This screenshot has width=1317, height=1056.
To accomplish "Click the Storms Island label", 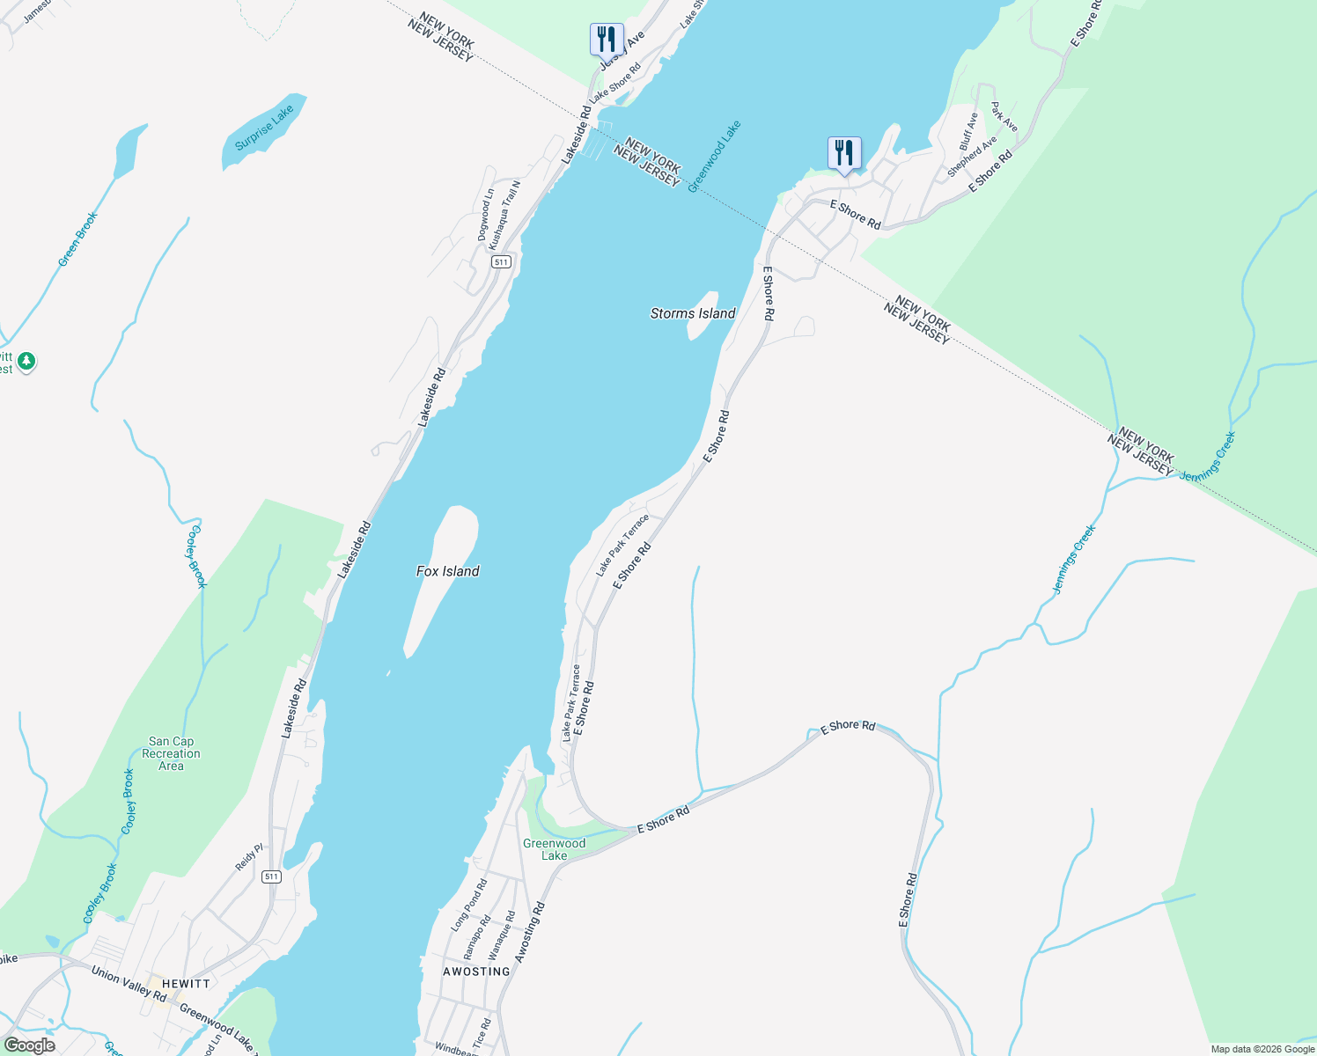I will tap(693, 313).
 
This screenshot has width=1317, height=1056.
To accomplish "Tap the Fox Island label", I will tap(447, 571).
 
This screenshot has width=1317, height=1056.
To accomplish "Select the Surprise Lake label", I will tap(264, 128).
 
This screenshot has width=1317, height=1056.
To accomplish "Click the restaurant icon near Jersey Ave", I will tap(606, 40).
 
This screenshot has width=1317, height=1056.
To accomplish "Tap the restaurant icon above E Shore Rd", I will tap(844, 153).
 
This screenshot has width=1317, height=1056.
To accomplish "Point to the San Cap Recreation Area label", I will tap(171, 753).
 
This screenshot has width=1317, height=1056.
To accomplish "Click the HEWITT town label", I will tap(186, 984).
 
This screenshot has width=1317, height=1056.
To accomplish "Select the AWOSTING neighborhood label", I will tap(476, 972).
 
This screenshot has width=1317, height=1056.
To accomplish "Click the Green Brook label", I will tap(77, 238).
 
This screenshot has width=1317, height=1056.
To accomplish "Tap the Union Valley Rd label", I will tap(129, 983).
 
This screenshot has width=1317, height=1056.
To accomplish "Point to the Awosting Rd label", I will tap(530, 931).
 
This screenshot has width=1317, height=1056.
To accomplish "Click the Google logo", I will tap(29, 1045).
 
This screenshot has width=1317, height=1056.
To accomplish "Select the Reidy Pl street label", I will tap(249, 857).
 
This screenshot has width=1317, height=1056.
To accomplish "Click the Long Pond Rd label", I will tap(469, 905).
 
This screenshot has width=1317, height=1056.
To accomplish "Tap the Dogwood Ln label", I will tap(484, 215).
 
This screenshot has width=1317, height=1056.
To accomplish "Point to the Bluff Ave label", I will tap(968, 131).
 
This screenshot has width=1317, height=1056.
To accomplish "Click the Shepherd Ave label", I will tap(972, 156).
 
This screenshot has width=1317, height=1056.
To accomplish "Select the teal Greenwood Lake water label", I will tap(714, 156).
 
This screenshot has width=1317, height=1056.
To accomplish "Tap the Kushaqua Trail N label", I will tap(504, 215).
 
